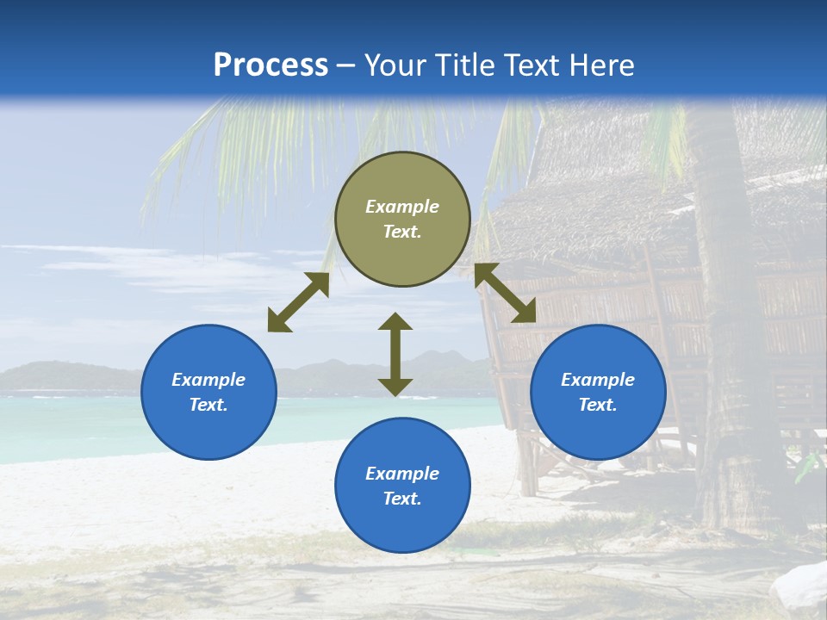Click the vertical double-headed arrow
point(395,354)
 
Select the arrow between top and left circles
point(298,302)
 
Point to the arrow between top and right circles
point(506,293)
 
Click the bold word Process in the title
point(270,65)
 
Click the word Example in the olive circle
point(402,207)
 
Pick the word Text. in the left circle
point(208,405)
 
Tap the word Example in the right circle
point(598,380)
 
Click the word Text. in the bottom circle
point(402,499)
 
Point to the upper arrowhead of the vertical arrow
point(395,323)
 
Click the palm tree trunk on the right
point(724,344)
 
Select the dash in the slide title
point(346,66)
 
